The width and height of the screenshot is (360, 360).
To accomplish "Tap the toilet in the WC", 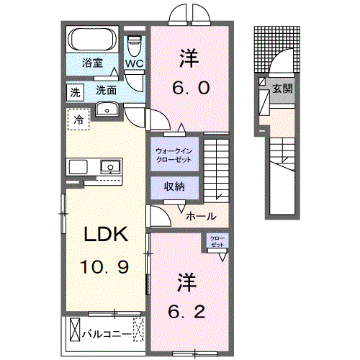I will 134,45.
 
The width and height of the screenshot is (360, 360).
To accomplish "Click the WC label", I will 135,63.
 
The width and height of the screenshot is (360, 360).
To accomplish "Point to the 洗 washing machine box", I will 75,91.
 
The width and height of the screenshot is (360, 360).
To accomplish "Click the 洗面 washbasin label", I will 107,91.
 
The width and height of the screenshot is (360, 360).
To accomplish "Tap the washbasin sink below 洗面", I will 107,109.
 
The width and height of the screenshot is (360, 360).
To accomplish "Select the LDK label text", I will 107,235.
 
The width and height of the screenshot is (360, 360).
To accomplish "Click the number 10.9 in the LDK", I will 105,268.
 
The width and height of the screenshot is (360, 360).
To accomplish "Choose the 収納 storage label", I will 174,186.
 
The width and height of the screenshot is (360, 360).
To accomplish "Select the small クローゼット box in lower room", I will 216,243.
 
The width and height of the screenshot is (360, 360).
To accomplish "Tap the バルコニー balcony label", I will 105,334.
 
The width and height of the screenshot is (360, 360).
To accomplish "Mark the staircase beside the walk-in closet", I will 217,168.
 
